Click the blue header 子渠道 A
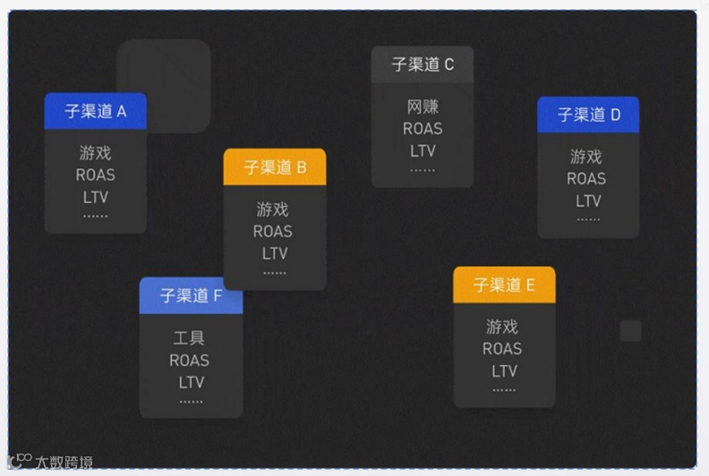[x=95, y=111]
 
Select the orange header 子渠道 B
[x=275, y=167]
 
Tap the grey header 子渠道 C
[x=423, y=64]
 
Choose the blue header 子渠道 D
[x=588, y=115]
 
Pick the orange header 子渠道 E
[x=504, y=285]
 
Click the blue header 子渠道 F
[x=191, y=295]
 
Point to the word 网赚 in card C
[x=423, y=107]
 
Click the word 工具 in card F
[x=189, y=338]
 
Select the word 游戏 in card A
[x=95, y=153]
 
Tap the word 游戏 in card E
[x=503, y=327]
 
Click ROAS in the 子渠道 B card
[x=273, y=231]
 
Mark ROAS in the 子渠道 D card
[x=586, y=178]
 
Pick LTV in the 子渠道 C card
[x=423, y=149]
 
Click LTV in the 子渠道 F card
[x=191, y=382]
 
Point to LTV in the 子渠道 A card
[x=95, y=196]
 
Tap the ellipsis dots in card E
[x=504, y=389]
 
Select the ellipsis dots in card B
[x=275, y=271]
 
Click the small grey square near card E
[x=631, y=331]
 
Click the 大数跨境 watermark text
[x=64, y=463]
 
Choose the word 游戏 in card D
[x=586, y=157]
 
